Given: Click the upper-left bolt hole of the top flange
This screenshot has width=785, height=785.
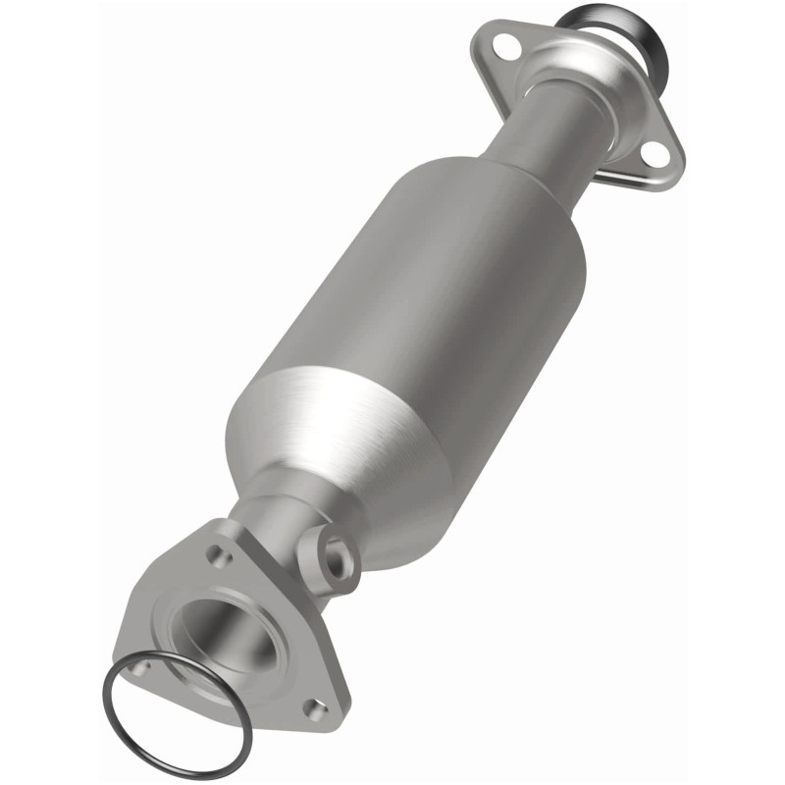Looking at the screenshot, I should [506, 44].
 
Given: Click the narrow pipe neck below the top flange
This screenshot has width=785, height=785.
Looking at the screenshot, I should [535, 137].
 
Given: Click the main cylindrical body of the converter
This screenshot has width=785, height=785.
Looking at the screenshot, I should [422, 314].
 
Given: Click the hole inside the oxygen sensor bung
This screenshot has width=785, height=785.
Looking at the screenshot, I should [340, 561].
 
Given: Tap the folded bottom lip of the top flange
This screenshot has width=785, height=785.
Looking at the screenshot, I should [628, 182].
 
